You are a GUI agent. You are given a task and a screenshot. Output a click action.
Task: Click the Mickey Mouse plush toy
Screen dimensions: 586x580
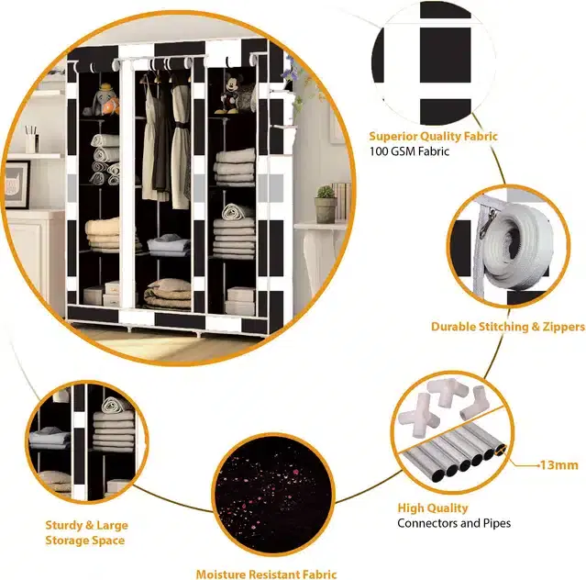click(229, 93)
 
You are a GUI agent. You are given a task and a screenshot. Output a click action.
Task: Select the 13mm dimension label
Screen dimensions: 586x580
click(559, 465)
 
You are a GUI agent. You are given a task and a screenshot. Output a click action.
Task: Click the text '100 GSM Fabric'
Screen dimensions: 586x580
click(409, 151)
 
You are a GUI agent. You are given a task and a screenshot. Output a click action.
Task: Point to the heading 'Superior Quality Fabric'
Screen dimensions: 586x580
click(433, 136)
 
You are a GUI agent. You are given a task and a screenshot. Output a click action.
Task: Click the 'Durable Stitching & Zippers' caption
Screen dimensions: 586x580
click(508, 327)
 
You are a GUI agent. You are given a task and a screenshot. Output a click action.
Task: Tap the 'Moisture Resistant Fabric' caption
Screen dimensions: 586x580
click(267, 574)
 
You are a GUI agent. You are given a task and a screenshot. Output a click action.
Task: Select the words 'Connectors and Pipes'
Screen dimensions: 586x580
click(454, 523)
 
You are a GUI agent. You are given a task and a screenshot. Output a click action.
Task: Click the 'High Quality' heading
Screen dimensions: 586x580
click(433, 507)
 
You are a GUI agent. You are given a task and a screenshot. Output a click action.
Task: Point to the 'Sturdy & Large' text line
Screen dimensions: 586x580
click(87, 525)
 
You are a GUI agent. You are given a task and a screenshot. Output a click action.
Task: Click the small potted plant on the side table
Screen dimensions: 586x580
click(326, 205)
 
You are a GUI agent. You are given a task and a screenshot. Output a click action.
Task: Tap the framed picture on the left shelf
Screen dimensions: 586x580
click(17, 184)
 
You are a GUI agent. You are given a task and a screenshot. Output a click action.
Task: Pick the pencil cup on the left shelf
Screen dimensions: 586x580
click(31, 139)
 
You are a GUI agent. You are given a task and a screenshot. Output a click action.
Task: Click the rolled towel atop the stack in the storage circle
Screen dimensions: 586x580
click(116, 406)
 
